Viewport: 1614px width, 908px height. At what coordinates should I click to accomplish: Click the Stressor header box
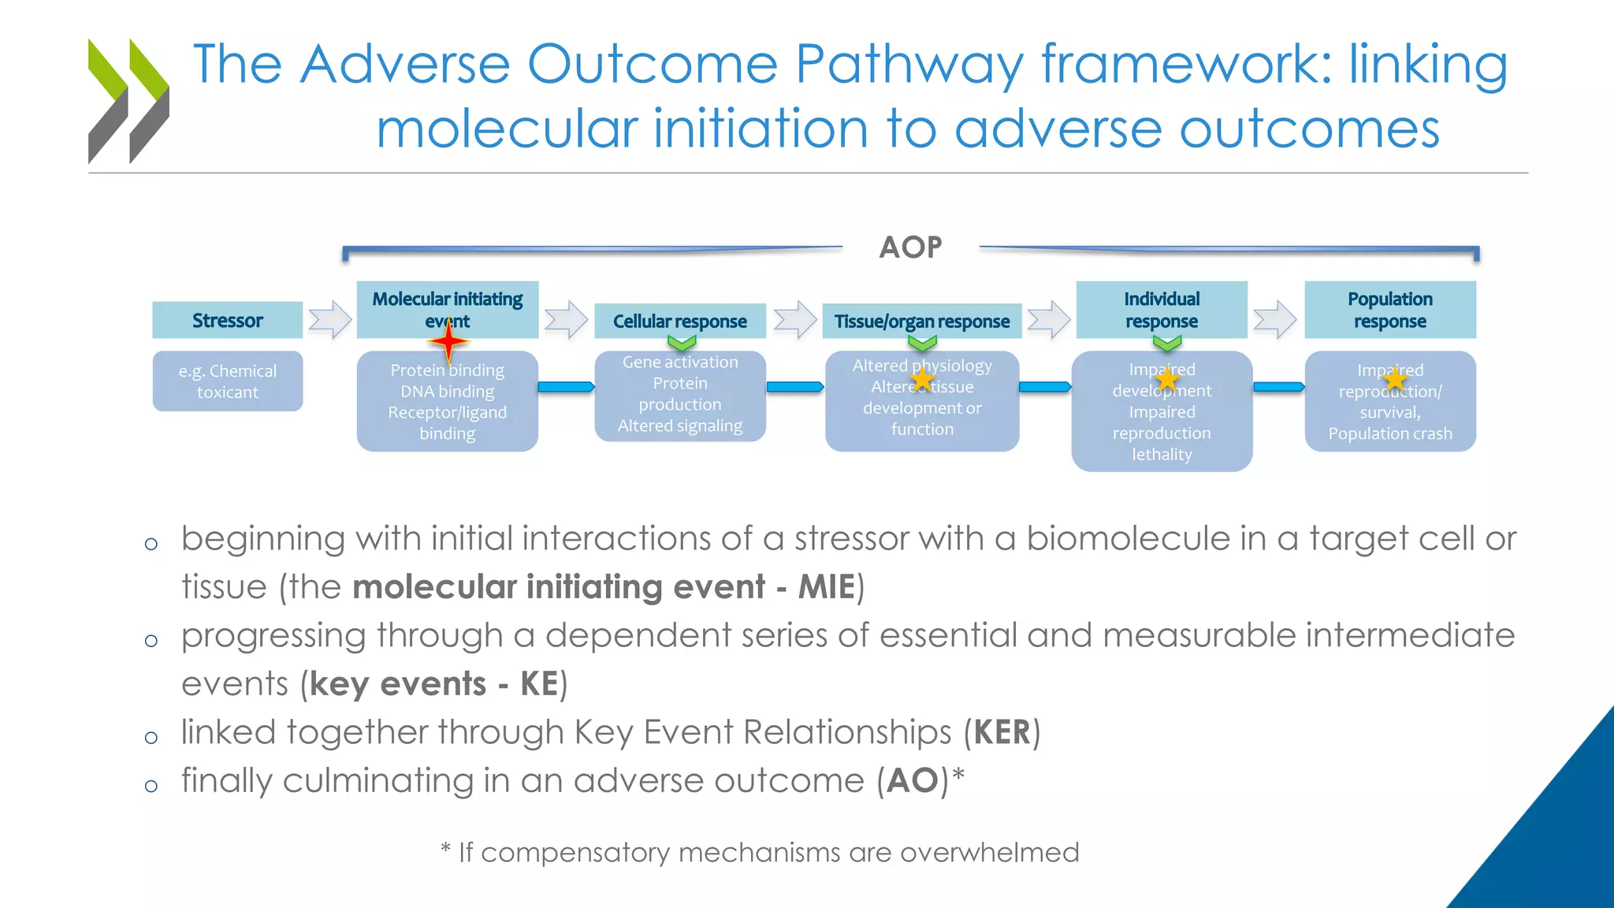tap(227, 320)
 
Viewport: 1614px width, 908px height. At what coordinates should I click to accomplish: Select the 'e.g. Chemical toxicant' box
tap(227, 381)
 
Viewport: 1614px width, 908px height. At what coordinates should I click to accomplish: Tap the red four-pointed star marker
tap(448, 342)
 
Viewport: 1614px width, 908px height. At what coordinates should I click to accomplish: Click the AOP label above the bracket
tap(910, 247)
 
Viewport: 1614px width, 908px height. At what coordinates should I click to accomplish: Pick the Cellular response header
tap(679, 322)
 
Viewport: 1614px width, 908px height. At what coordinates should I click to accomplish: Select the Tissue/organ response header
tap(921, 322)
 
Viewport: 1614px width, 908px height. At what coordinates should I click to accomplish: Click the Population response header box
tap(1389, 310)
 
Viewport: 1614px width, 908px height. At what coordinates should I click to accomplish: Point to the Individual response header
tap(1162, 310)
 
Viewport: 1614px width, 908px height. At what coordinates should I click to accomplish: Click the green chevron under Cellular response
tap(682, 343)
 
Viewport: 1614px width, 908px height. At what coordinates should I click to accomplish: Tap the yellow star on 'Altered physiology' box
tap(922, 380)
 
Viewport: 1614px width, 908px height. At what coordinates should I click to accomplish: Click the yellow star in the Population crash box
tap(1394, 380)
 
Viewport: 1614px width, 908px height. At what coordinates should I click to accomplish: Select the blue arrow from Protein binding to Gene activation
tap(566, 386)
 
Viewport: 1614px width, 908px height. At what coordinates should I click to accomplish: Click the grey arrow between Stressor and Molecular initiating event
tap(329, 320)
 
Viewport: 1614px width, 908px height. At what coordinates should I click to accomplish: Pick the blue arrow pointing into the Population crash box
tap(1278, 386)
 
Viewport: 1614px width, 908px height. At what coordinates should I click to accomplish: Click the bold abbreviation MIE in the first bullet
tap(826, 587)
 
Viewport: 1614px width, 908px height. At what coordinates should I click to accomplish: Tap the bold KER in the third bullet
tap(1002, 732)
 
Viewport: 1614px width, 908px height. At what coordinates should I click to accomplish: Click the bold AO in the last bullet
tap(912, 781)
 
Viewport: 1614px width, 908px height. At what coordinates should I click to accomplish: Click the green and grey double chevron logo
tap(128, 101)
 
